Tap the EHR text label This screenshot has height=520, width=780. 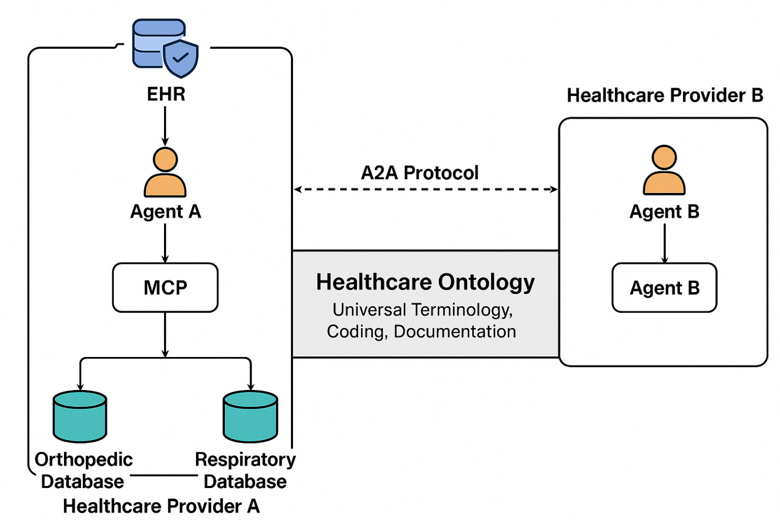[166, 94]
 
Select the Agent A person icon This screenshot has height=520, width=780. [165, 172]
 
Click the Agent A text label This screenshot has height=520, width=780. [165, 212]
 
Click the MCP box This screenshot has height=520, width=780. [165, 287]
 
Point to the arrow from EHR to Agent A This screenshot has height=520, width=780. [165, 126]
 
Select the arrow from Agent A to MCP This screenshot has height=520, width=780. [165, 242]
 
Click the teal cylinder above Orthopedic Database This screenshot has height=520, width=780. [80, 416]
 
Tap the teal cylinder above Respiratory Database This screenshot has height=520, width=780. [250, 416]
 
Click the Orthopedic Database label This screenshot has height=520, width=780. [83, 470]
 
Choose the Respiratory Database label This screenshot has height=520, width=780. [245, 470]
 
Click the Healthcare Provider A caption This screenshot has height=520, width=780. [161, 506]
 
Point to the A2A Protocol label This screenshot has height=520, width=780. [419, 172]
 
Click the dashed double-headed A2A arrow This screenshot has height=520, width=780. [425, 189]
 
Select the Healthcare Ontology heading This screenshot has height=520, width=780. [425, 282]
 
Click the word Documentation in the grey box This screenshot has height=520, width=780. [454, 331]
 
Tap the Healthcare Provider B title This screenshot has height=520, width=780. [665, 95]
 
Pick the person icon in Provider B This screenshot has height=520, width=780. [664, 170]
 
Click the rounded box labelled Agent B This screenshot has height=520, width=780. [664, 288]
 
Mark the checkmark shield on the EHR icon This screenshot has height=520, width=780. [180, 57]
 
